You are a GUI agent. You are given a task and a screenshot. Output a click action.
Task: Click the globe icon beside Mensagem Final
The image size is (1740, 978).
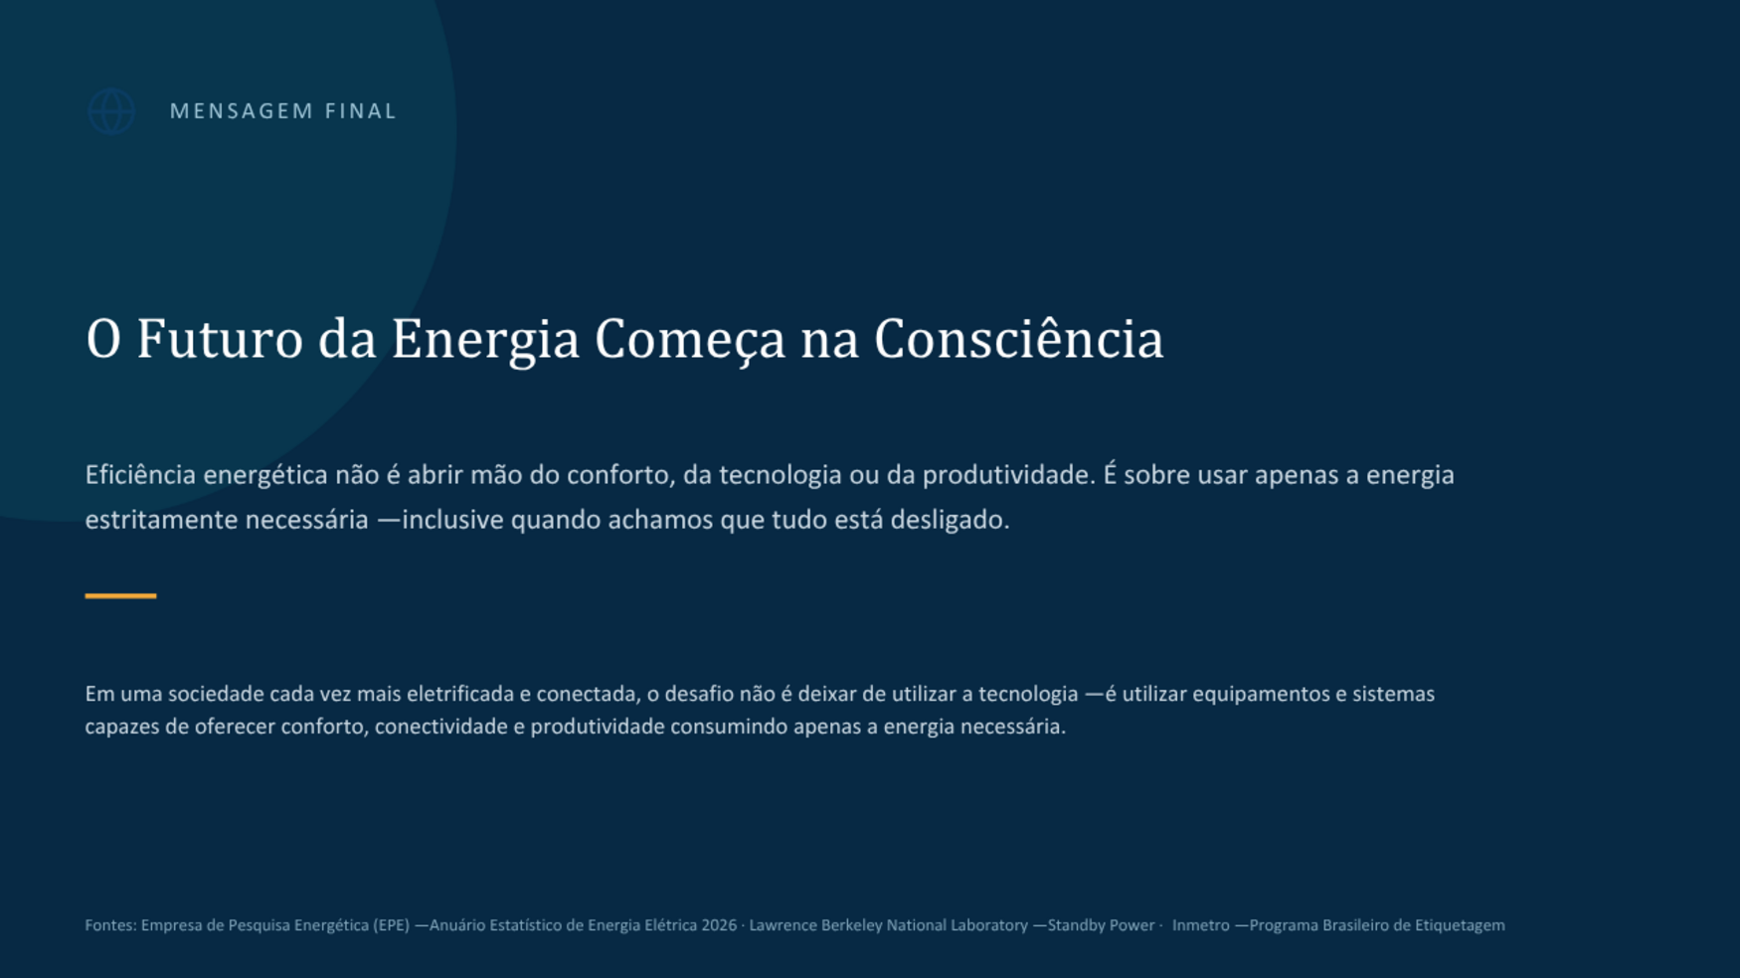click(111, 111)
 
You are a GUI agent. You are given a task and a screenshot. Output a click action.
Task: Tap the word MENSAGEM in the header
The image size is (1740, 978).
click(242, 111)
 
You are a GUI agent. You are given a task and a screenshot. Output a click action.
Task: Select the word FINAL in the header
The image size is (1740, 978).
click(361, 111)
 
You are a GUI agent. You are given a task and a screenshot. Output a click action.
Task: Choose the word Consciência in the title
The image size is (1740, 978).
click(1019, 339)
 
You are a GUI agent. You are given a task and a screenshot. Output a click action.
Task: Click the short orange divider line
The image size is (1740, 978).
click(120, 595)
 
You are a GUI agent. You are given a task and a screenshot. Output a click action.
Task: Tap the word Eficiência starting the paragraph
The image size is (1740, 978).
click(140, 475)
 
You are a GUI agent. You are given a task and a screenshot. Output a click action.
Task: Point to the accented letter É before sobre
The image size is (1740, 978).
click(1110, 474)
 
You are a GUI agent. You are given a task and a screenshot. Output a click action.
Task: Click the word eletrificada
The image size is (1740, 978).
click(460, 694)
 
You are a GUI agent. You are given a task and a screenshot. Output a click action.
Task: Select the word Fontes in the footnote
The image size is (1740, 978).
click(109, 925)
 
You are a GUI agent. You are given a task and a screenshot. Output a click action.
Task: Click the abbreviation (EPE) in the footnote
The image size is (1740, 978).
click(392, 925)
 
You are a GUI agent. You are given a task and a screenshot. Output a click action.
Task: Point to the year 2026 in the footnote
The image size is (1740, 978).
click(719, 925)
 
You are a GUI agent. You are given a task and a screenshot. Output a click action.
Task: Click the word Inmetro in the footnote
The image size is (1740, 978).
click(1201, 925)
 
